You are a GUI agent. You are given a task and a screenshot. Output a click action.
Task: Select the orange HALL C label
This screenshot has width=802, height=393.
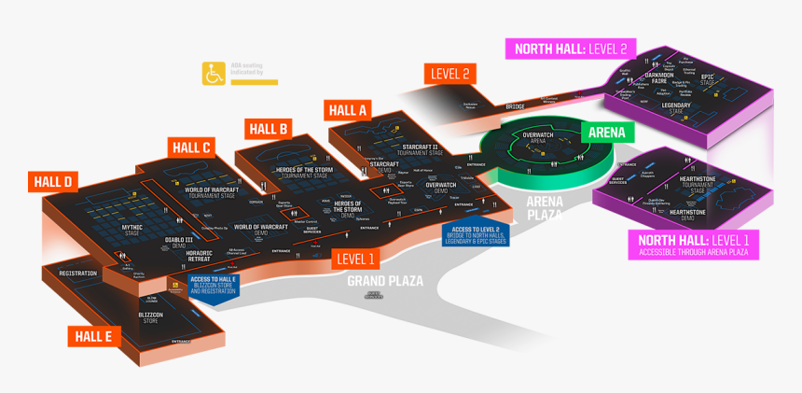[x=192, y=147]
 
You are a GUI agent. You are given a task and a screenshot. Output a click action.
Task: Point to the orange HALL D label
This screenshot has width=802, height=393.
[x=55, y=182]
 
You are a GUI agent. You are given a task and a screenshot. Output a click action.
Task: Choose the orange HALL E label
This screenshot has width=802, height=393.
[x=95, y=336]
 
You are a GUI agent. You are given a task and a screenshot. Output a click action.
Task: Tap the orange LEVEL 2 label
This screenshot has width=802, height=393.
[x=450, y=74]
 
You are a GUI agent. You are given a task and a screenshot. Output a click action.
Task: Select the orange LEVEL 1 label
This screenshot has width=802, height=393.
[x=354, y=259]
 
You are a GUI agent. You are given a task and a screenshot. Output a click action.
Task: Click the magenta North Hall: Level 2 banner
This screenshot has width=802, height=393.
[x=570, y=49]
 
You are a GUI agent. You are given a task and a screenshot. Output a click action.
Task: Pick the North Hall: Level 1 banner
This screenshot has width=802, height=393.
[x=694, y=245]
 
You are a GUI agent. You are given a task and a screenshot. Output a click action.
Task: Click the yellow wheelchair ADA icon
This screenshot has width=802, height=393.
[x=212, y=73]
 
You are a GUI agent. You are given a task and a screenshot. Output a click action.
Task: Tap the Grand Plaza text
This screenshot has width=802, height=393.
[x=385, y=280]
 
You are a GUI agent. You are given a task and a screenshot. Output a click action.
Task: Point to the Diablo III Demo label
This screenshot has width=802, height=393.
[x=180, y=242]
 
